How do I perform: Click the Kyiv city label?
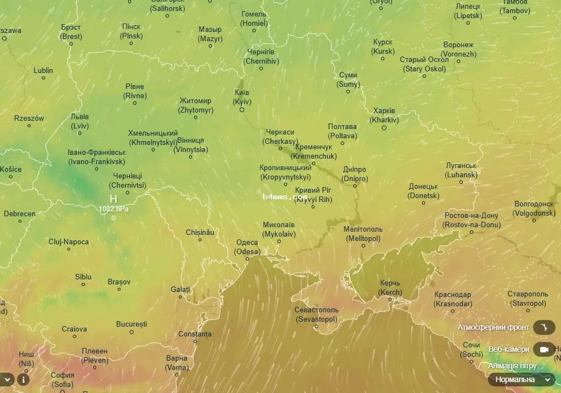pyautogui.click(x=242, y=97)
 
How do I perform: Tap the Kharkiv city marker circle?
pyautogui.click(x=384, y=128)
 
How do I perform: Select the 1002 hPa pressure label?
pyautogui.click(x=114, y=209)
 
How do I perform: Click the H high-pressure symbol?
pyautogui.click(x=114, y=199)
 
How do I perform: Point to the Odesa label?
pyautogui.click(x=247, y=247)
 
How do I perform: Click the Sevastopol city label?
pyautogui.click(x=316, y=314)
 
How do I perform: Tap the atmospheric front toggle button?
pyautogui.click(x=543, y=328)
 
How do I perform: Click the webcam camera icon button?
pyautogui.click(x=543, y=349)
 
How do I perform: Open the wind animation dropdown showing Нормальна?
pyautogui.click(x=522, y=379)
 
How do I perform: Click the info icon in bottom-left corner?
pyautogui.click(x=23, y=379)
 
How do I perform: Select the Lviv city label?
pyautogui.click(x=80, y=121)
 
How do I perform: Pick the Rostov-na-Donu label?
pyautogui.click(x=472, y=220)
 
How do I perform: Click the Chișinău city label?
pyautogui.click(x=200, y=232)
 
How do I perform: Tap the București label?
pyautogui.click(x=132, y=324)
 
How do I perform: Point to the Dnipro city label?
pyautogui.click(x=355, y=175)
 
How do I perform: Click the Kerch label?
pyautogui.click(x=390, y=288)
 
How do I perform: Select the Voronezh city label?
pyautogui.click(x=459, y=49)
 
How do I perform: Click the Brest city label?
pyautogui.click(x=71, y=32)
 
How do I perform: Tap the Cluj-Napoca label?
pyautogui.click(x=69, y=242)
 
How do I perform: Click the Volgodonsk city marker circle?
pyautogui.click(x=535, y=220)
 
